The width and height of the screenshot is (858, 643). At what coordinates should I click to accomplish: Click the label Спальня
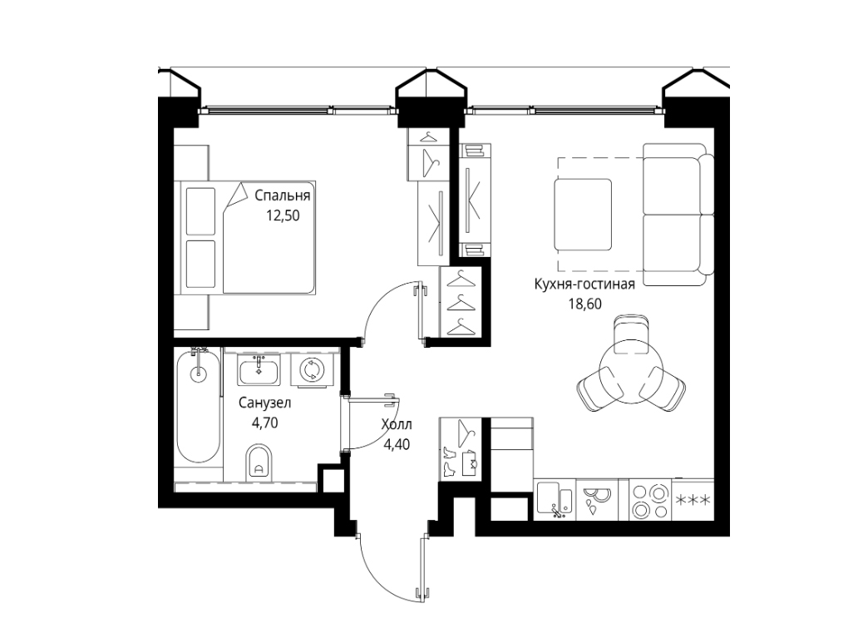tap(283, 196)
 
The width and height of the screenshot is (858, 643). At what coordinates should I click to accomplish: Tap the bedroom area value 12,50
tap(283, 215)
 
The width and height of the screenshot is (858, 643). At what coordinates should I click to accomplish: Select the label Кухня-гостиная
tap(584, 284)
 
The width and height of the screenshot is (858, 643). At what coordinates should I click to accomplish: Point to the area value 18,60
tap(585, 304)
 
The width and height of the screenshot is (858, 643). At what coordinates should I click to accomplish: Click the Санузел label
tap(265, 403)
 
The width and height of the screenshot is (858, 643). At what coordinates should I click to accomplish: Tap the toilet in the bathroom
tap(259, 462)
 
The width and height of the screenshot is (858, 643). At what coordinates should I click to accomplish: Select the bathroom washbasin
tap(259, 369)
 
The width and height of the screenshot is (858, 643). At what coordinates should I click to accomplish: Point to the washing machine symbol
tap(311, 369)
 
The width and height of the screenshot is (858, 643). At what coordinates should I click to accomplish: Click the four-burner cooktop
tap(650, 500)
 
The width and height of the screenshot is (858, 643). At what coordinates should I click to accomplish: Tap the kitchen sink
tap(555, 500)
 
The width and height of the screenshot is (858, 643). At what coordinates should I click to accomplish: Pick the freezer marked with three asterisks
tap(693, 500)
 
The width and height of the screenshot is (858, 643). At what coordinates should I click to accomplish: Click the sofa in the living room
tap(678, 215)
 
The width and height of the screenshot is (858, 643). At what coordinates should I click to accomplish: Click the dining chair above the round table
tap(631, 334)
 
